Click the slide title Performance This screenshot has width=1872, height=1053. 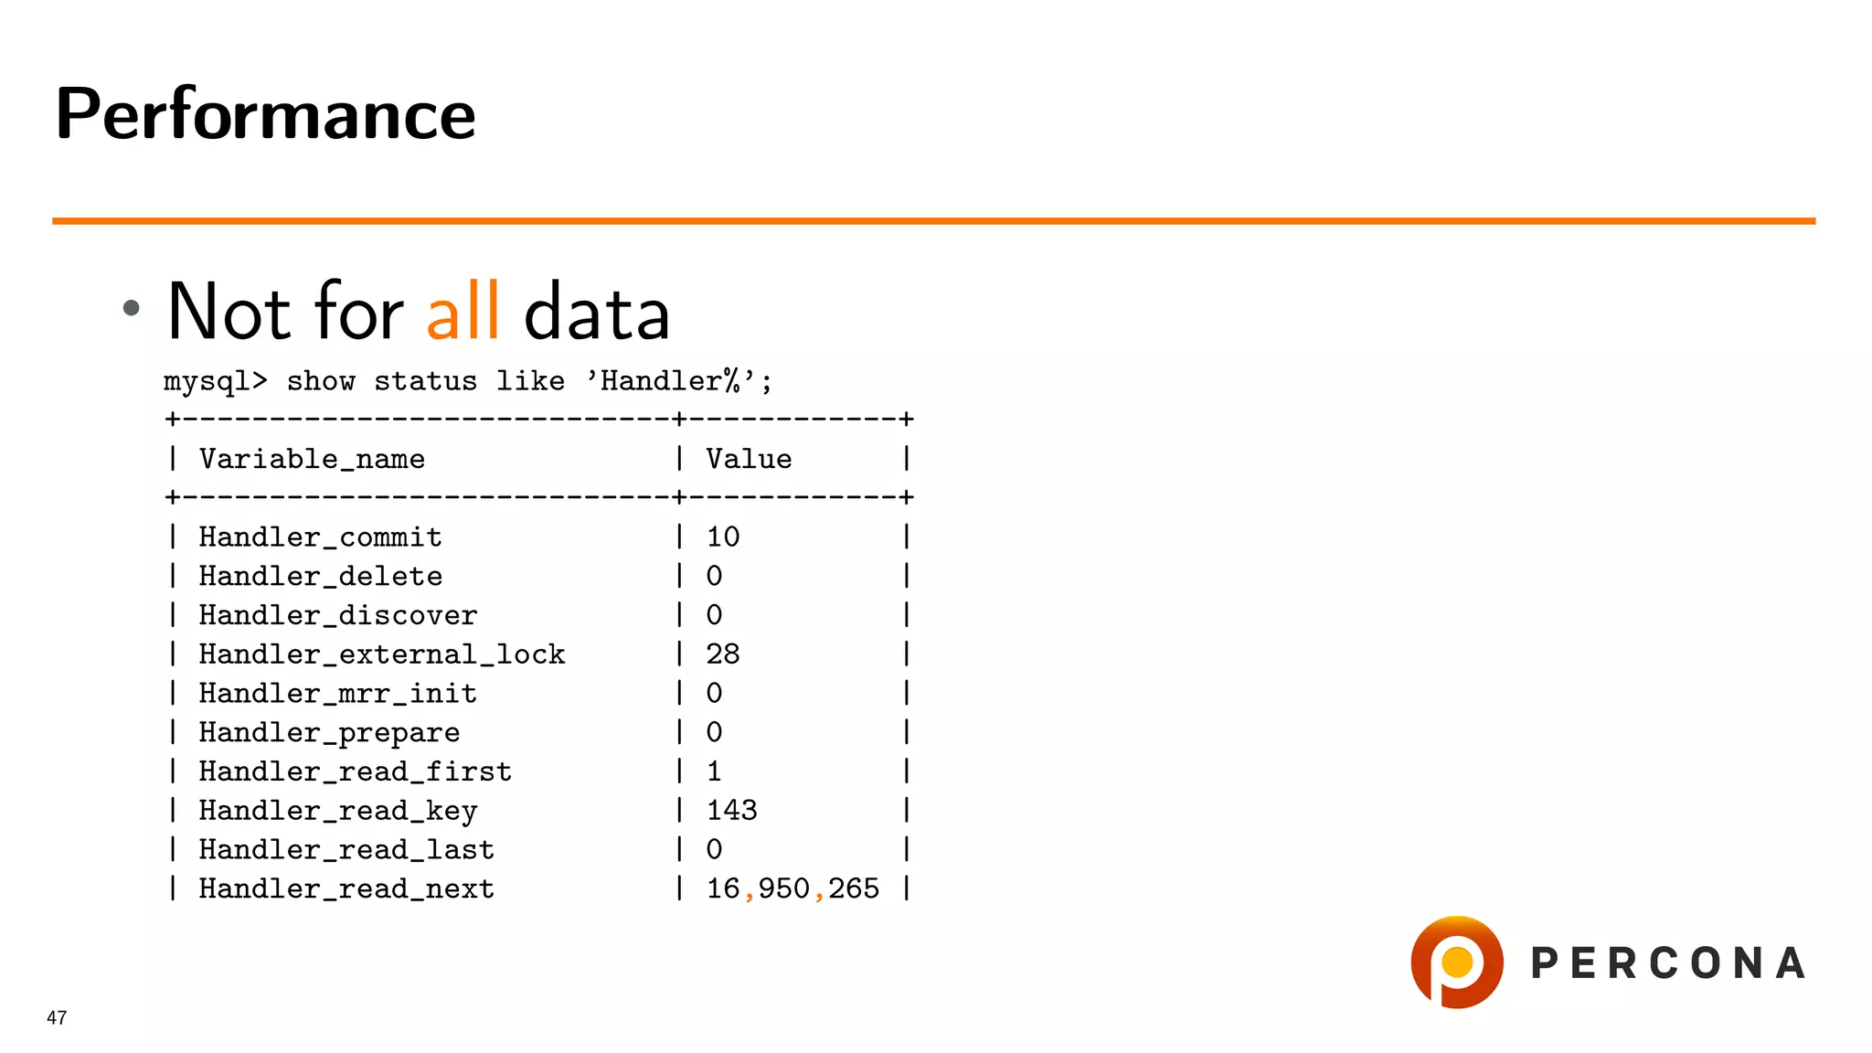(265, 114)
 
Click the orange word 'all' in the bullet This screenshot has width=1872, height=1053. (463, 312)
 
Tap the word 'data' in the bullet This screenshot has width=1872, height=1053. (597, 312)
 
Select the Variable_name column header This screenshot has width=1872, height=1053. (312, 459)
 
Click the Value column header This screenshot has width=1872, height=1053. (749, 459)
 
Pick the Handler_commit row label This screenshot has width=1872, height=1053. (320, 537)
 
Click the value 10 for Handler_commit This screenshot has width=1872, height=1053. (722, 537)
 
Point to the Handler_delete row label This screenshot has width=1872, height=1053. (320, 576)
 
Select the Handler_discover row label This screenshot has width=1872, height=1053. (337, 615)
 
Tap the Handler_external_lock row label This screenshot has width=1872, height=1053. (382, 654)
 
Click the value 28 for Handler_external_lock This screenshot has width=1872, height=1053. (722, 654)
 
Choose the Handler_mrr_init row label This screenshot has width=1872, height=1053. (337, 694)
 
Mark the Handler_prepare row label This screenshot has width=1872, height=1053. (329, 733)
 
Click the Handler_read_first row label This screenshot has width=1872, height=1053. (355, 772)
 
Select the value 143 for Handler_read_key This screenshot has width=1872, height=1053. (731, 811)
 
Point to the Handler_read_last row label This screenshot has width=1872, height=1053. (346, 850)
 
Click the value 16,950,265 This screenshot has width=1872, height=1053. (792, 888)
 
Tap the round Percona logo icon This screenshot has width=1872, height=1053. (1457, 963)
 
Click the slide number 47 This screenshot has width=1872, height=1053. (57, 1017)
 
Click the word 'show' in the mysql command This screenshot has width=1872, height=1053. (321, 381)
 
